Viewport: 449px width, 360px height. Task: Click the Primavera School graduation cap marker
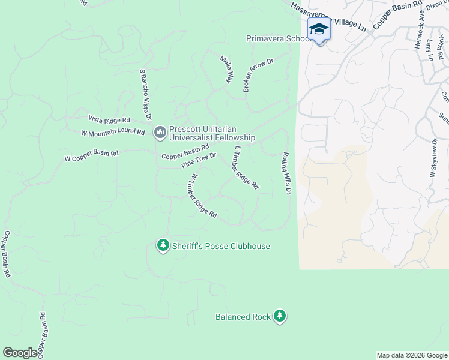(x=319, y=29)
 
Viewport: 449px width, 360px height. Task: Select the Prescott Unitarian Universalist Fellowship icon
(x=160, y=131)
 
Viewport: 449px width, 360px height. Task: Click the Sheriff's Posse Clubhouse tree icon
(x=163, y=245)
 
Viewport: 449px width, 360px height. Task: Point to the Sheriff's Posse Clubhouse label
(x=221, y=246)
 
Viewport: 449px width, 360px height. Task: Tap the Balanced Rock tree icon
(x=279, y=316)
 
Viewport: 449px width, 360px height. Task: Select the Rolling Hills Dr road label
(x=286, y=173)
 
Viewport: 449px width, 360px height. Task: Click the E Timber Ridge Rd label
(x=246, y=167)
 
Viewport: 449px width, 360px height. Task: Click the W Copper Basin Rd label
(x=91, y=155)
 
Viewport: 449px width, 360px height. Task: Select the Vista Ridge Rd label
(x=109, y=119)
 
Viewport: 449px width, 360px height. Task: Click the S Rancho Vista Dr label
(x=145, y=94)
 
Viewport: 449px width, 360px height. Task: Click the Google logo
(x=20, y=353)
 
